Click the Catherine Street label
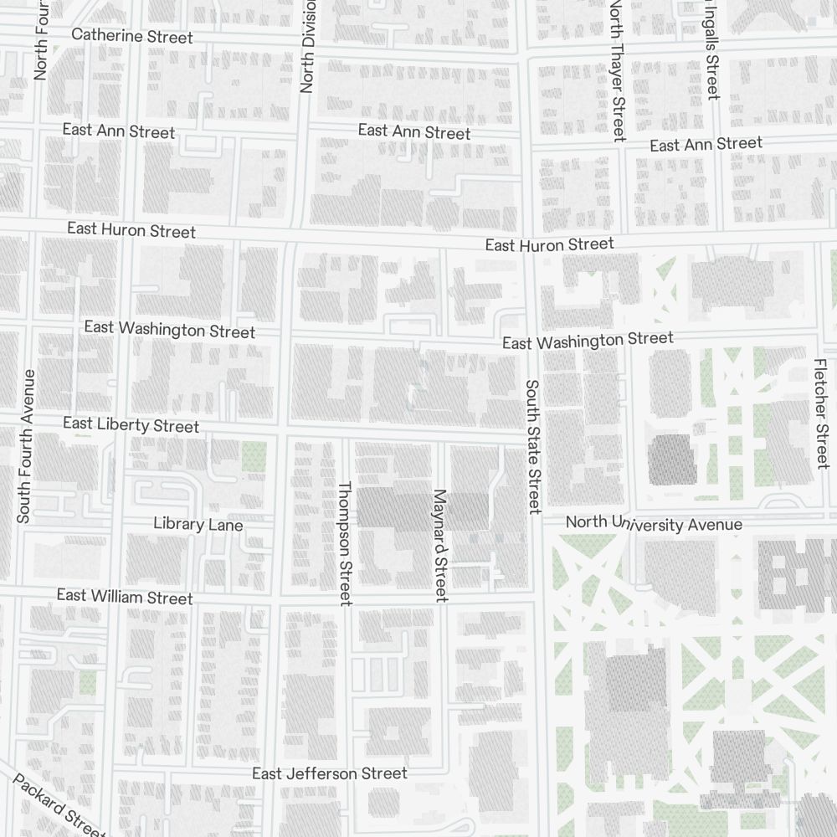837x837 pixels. coord(132,36)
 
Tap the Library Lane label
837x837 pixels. coord(198,525)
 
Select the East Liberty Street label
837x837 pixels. coord(131,425)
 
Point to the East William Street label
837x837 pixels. coord(125,597)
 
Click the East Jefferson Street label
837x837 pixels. coord(330,773)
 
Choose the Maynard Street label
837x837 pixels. coord(440,545)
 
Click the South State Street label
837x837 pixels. coord(533,446)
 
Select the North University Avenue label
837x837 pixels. coord(654,524)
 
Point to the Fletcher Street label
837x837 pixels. coord(821,413)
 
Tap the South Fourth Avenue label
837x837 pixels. coord(25,446)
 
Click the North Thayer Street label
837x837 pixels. coord(617,70)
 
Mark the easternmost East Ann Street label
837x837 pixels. coord(706,145)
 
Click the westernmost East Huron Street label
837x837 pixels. coord(131,230)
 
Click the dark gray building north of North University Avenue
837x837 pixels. coord(672,460)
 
